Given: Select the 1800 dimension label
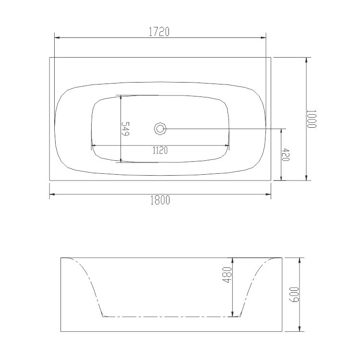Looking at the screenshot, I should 160,201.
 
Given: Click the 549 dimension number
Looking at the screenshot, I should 126,129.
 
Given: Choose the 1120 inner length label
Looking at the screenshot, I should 160,150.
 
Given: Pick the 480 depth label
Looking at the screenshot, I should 228,274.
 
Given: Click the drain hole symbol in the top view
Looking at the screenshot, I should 160,129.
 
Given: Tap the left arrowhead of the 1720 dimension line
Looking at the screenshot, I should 56,37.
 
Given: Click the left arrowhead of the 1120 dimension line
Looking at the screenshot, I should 93,144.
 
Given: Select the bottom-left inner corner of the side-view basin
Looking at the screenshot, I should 104,316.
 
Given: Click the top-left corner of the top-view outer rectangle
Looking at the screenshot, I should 50,58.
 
